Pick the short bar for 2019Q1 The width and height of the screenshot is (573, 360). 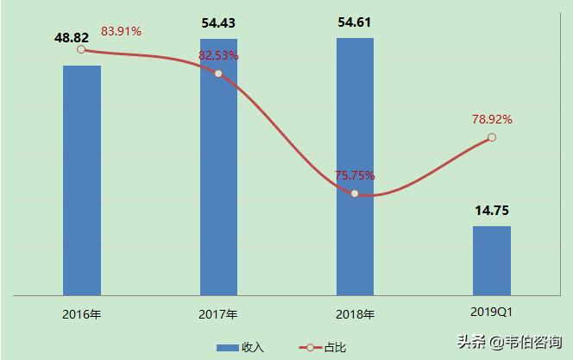coord(492,260)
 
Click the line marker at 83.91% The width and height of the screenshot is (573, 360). coord(81,49)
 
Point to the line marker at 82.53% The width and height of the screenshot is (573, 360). coord(218,73)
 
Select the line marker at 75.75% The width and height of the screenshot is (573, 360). coord(355,193)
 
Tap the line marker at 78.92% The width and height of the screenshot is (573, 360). coord(492,137)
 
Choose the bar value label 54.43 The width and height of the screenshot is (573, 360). coord(219,24)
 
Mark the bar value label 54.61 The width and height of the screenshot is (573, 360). coord(356,23)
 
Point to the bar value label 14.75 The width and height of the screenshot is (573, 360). coord(492,211)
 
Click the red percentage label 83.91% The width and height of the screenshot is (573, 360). coord(122,32)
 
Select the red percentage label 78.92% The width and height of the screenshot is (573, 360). coord(492,119)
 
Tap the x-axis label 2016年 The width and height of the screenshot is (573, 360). coord(82,313)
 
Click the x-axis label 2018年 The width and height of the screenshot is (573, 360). coord(355,313)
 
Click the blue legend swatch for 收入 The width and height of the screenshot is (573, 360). coord(227,347)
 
